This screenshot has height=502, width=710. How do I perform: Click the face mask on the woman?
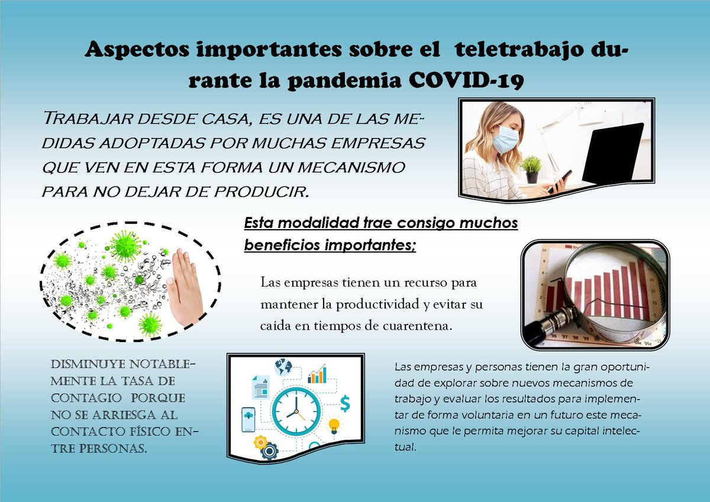click(505, 140)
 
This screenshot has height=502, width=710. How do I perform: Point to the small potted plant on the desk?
click(532, 169)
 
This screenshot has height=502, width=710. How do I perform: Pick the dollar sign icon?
click(345, 403)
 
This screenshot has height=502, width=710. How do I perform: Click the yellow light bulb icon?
click(334, 424)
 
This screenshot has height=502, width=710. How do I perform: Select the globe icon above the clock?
click(283, 367)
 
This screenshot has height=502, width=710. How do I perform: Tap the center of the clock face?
click(296, 411)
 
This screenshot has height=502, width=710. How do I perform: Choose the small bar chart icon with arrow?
click(317, 374)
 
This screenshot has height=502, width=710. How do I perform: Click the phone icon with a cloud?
click(248, 420)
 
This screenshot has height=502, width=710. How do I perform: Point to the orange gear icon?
click(260, 442)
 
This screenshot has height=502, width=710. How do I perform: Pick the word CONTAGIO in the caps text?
click(86, 398)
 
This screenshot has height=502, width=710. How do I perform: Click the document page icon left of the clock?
click(260, 387)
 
